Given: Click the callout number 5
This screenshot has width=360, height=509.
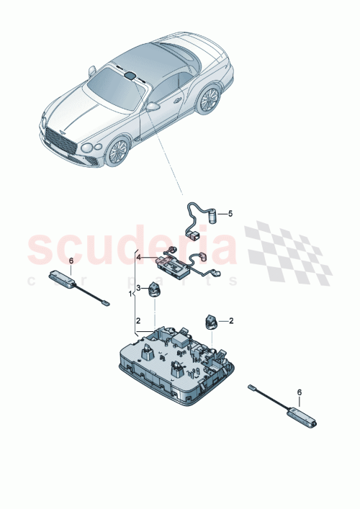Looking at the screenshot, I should [230, 214].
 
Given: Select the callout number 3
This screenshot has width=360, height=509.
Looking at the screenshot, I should [139, 287].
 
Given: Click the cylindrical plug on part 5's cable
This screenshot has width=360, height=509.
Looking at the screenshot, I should [213, 214].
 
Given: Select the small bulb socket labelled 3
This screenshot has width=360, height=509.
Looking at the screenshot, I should [154, 289].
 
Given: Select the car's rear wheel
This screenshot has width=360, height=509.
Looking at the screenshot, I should [210, 99].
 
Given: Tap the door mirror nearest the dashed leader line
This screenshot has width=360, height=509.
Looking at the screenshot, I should [153, 106].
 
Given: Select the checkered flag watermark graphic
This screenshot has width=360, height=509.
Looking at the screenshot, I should [288, 256].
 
